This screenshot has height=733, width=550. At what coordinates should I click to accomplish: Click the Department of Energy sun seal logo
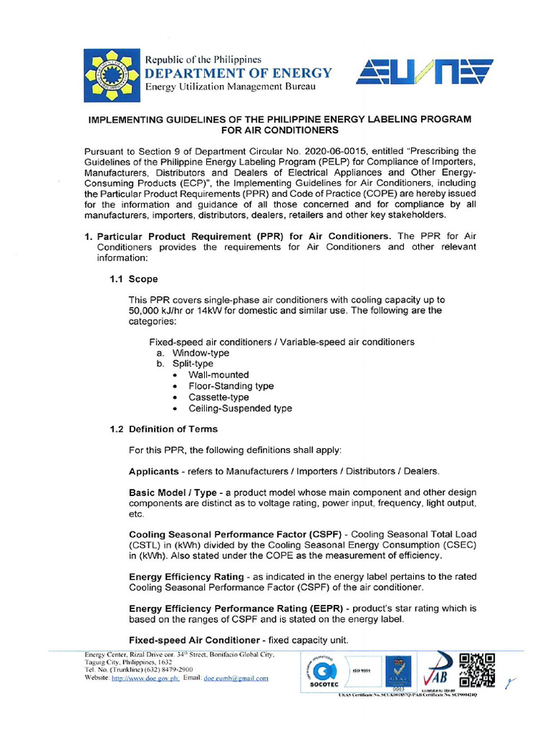pos(112,73)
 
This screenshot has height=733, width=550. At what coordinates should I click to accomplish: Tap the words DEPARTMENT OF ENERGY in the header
pos(238,73)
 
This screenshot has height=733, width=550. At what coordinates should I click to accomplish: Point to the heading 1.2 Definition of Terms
pos(163,429)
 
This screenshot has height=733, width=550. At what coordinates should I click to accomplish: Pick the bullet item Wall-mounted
pos(218,374)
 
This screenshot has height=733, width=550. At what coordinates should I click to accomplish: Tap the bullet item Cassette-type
pos(218,397)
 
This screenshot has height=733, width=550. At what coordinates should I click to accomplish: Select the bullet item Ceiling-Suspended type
pos(240,408)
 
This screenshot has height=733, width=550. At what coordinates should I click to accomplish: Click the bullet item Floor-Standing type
pos(231,386)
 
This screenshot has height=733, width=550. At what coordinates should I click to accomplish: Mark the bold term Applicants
pos(153,471)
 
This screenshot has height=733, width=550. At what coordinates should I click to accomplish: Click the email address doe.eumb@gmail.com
pos(236,678)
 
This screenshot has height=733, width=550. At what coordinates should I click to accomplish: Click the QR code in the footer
pos(476,671)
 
